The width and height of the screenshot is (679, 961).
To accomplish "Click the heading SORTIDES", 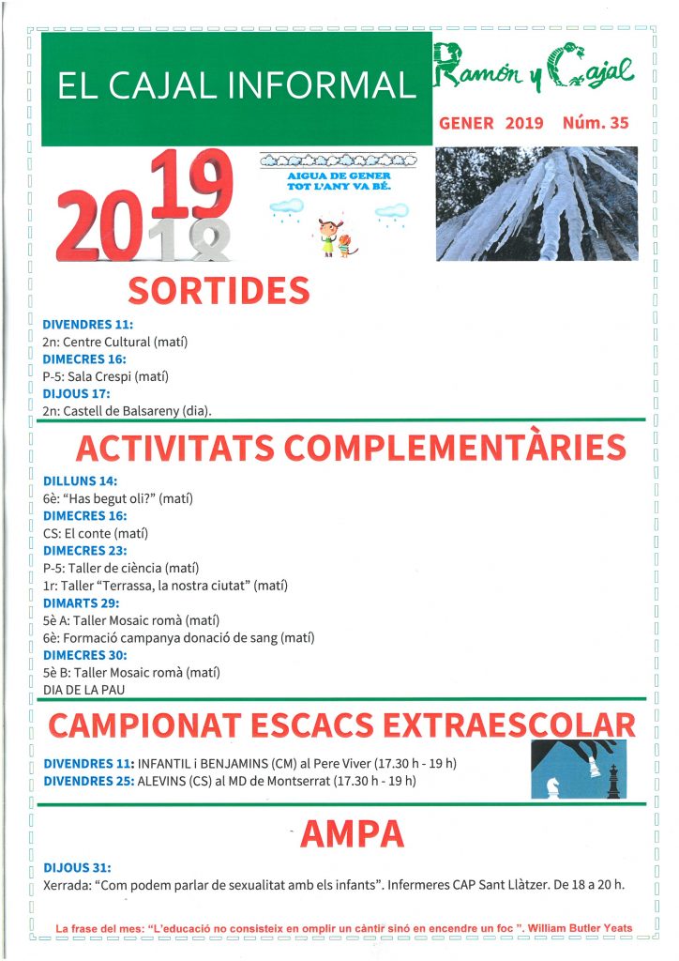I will (x=219, y=290).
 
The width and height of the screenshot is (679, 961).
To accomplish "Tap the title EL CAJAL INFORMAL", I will (x=236, y=85).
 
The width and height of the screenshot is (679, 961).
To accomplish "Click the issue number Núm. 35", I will (x=596, y=123).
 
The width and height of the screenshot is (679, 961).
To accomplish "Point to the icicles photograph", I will (x=536, y=203).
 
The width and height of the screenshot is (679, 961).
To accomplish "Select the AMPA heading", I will (x=340, y=833).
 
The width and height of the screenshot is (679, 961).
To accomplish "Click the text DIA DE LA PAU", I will (x=84, y=690).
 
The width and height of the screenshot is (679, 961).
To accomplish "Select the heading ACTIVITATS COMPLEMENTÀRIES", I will (x=350, y=449).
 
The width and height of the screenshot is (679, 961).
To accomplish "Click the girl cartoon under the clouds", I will (x=327, y=236).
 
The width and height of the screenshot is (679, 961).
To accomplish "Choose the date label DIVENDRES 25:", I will (x=88, y=781).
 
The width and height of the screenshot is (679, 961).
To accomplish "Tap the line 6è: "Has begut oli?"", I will (x=117, y=499).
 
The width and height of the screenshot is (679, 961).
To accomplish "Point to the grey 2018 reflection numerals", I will (x=191, y=240).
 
